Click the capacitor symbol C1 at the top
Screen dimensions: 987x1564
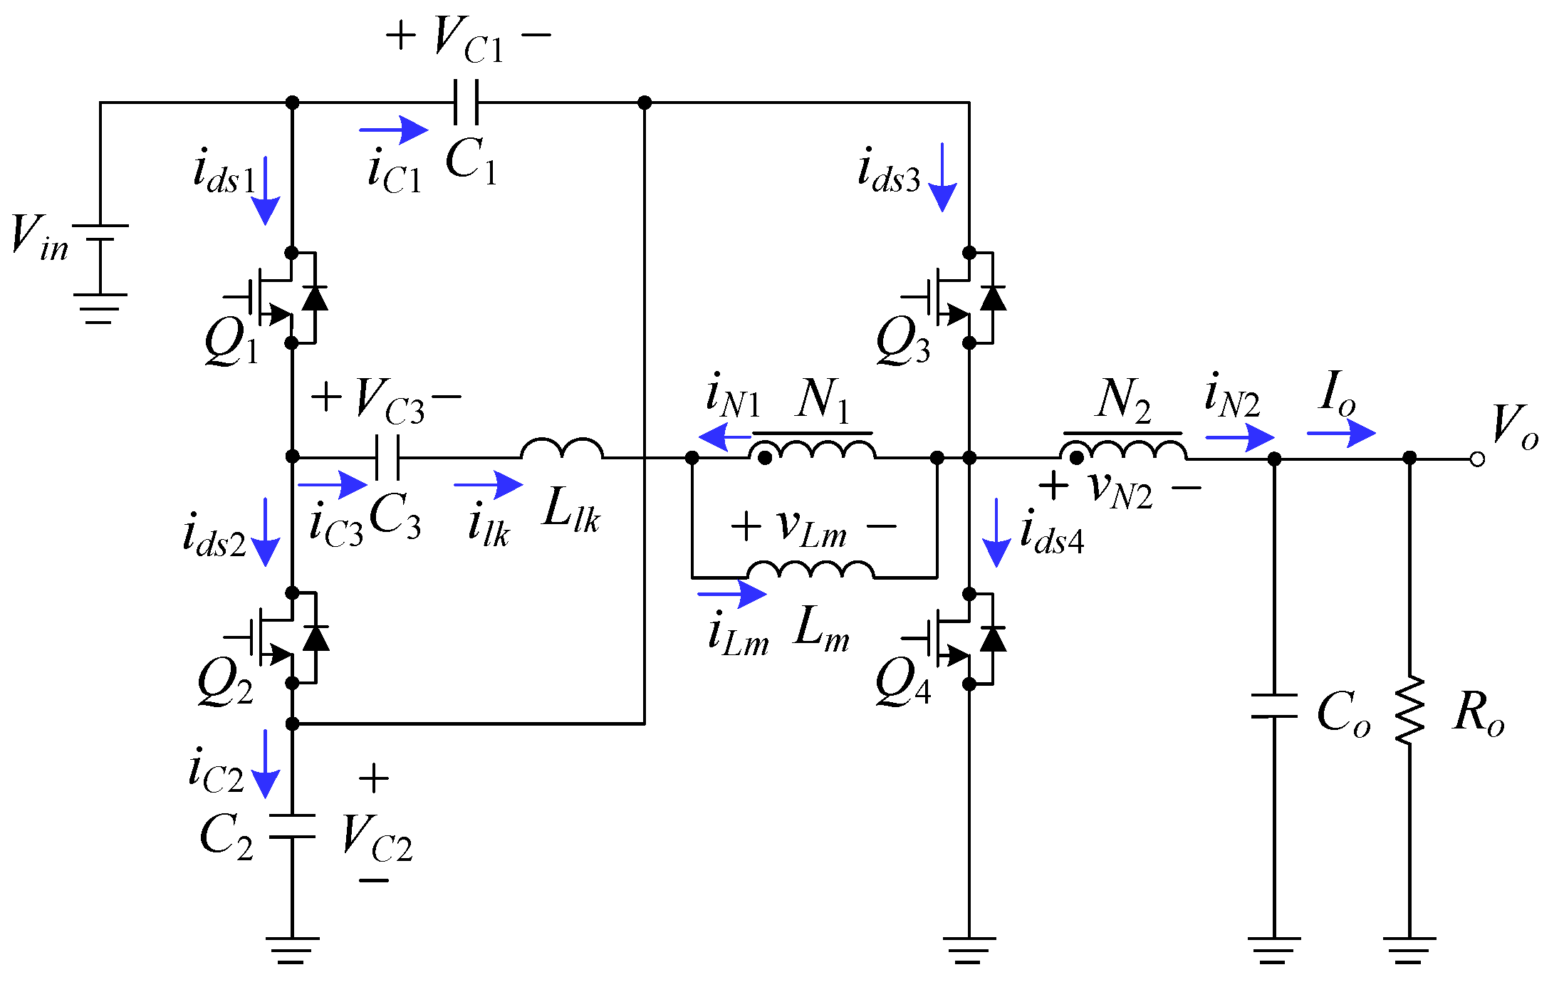[x=466, y=103]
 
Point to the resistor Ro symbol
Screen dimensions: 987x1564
[x=1409, y=710]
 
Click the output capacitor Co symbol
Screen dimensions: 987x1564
[x=1274, y=706]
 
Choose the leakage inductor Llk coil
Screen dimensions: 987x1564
[x=562, y=449]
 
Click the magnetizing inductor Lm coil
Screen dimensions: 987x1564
[x=810, y=570]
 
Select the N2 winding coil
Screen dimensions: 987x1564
[x=1123, y=450]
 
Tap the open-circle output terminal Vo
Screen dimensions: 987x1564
[x=1478, y=459]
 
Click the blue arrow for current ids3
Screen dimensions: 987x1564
[x=942, y=178]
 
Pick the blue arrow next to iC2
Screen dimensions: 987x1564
[x=266, y=763]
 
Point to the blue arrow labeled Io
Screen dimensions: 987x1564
[x=1341, y=433]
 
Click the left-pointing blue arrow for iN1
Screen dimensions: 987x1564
[x=724, y=437]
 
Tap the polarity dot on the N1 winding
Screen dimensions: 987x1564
[x=765, y=458]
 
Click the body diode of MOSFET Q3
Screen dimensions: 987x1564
[x=993, y=298]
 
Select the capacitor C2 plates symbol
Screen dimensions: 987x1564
[x=292, y=826]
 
